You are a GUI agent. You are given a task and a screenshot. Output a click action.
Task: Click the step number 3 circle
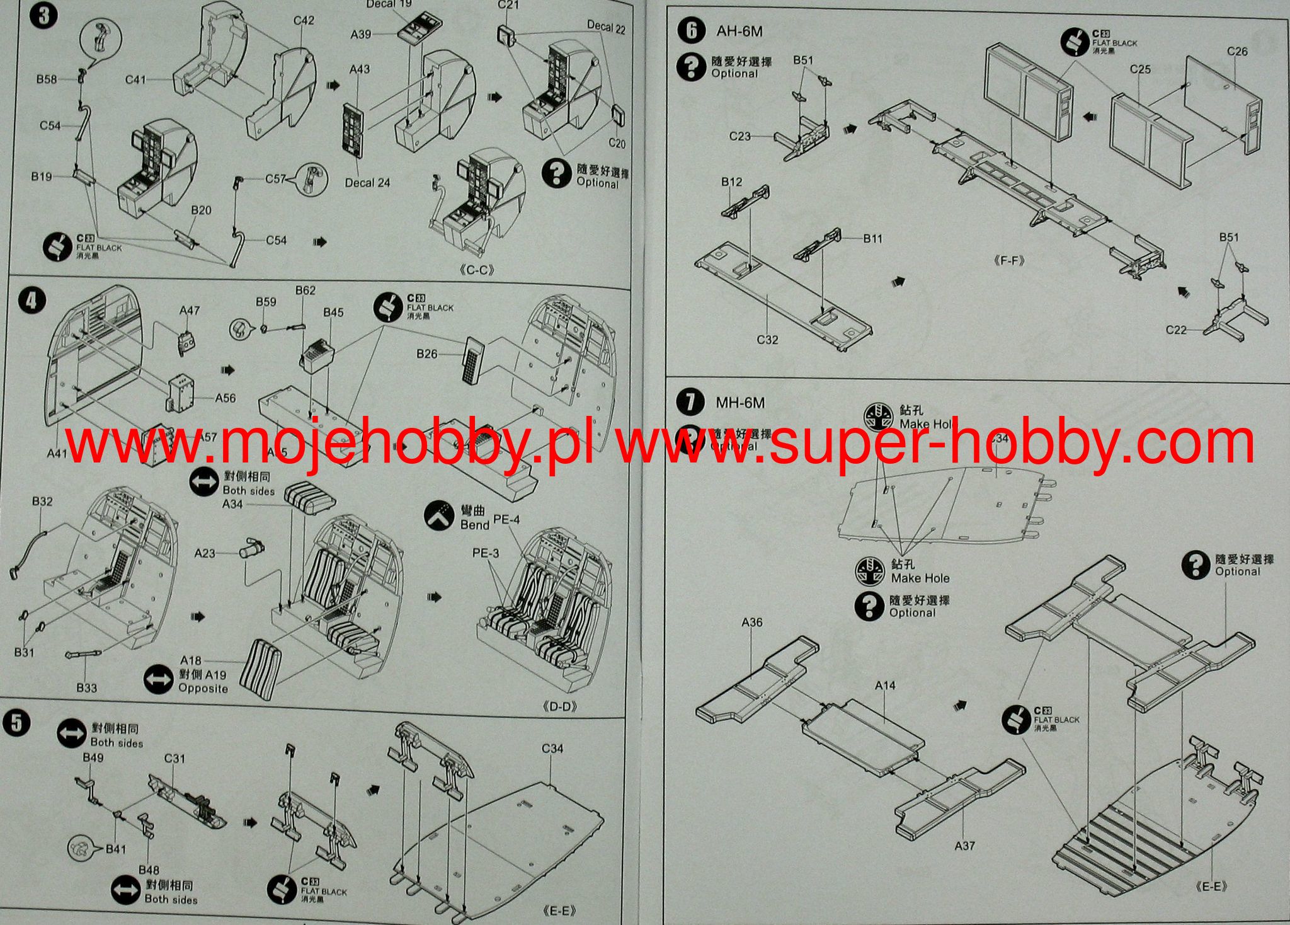[x=43, y=14]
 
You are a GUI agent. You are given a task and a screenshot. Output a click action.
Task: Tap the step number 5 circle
[x=16, y=723]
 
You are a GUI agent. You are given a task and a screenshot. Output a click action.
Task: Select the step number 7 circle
[x=691, y=402]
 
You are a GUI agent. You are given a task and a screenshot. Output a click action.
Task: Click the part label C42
[x=304, y=21]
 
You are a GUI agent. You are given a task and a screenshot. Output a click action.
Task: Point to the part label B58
[x=46, y=79]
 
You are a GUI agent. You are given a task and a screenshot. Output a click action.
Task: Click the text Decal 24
[x=367, y=183]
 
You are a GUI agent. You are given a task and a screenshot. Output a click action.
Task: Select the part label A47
[x=190, y=310]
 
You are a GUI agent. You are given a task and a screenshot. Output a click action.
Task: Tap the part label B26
[x=426, y=354]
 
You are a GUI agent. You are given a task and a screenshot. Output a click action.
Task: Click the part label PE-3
[x=486, y=553]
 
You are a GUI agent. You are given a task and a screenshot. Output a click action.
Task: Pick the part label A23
[x=205, y=553]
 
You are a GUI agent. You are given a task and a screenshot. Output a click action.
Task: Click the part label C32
[x=767, y=340]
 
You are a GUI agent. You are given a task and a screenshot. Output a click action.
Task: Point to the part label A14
[x=885, y=686]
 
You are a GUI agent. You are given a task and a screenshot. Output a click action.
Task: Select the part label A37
[x=964, y=846]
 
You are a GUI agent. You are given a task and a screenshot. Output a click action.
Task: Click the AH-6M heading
[x=739, y=31]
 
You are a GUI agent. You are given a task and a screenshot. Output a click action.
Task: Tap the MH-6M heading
[x=740, y=403]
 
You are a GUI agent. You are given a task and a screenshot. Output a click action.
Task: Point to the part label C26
[x=1237, y=52]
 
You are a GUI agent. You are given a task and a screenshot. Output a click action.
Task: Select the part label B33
[x=86, y=687]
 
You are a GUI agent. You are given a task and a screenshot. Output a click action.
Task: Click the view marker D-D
[x=559, y=706]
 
